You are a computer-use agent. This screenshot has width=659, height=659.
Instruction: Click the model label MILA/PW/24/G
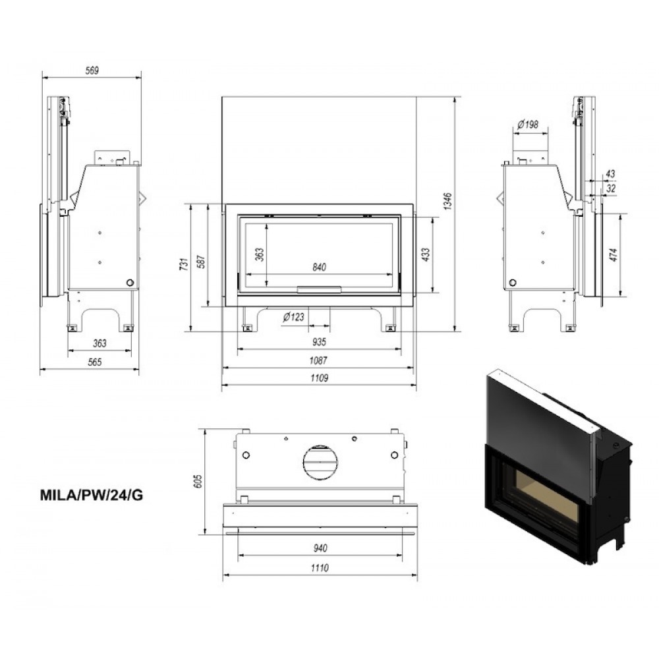pyautogui.click(x=91, y=495)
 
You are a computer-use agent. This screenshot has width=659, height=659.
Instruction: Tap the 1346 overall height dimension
pyautogui.click(x=448, y=201)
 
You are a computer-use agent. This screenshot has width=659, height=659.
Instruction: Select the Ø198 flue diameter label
pyautogui.click(x=528, y=125)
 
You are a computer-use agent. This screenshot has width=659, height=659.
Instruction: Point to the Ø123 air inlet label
pyautogui.click(x=293, y=316)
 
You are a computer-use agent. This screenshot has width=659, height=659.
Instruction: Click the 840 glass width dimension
pyautogui.click(x=319, y=267)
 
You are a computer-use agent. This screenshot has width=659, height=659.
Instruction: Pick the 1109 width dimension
pyautogui.click(x=319, y=378)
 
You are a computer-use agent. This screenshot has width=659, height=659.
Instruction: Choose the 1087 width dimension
pyautogui.click(x=318, y=360)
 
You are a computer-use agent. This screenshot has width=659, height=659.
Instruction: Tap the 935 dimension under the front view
pyautogui.click(x=319, y=341)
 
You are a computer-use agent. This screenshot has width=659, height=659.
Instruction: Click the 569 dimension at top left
pyautogui.click(x=92, y=71)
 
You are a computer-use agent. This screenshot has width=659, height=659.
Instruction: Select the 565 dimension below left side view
pyautogui.click(x=95, y=362)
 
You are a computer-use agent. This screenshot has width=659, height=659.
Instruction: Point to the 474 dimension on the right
pyautogui.click(x=614, y=254)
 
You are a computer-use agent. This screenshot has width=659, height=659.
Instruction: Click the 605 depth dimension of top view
pyautogui.click(x=198, y=481)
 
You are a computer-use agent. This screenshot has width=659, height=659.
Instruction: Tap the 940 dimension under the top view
pyautogui.click(x=320, y=548)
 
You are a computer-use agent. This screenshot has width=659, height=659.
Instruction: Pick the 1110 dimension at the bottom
pyautogui.click(x=320, y=568)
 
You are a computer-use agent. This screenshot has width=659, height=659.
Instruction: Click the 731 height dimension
pyautogui.click(x=185, y=264)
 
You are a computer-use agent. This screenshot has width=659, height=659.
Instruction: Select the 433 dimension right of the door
pyautogui.click(x=425, y=254)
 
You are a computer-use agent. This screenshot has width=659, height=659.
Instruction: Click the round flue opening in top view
pyautogui.click(x=320, y=462)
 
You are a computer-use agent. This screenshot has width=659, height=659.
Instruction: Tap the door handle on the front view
pyautogui.click(x=320, y=289)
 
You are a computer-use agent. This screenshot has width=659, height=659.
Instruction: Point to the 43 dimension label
pyautogui.click(x=610, y=173)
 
